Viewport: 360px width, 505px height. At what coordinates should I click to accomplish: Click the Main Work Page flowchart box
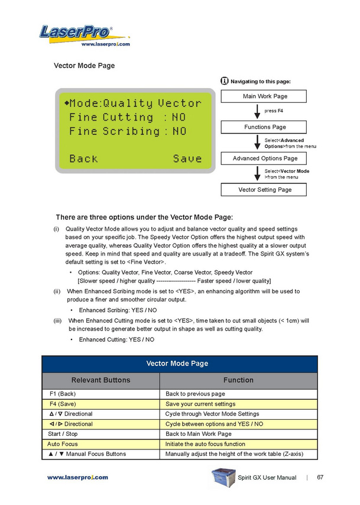coord(264,96)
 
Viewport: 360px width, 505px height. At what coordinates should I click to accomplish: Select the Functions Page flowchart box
coord(264,127)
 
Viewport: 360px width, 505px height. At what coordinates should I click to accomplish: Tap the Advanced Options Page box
coord(264,158)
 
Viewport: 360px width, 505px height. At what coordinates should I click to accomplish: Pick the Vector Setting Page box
coord(264,190)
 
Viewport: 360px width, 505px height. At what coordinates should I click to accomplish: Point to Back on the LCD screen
coord(83,158)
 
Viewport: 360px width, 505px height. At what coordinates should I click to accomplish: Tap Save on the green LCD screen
coord(187,158)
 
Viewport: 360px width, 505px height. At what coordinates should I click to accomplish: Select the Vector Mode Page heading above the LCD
coord(84,66)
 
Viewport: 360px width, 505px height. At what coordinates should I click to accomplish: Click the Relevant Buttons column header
coord(100,380)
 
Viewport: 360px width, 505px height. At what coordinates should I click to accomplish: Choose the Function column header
coord(238,380)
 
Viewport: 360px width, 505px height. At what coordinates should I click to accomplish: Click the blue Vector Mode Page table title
coord(180,364)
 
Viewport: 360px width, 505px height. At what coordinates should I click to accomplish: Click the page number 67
coord(320,477)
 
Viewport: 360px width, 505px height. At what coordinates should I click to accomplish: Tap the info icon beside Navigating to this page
coord(224,80)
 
